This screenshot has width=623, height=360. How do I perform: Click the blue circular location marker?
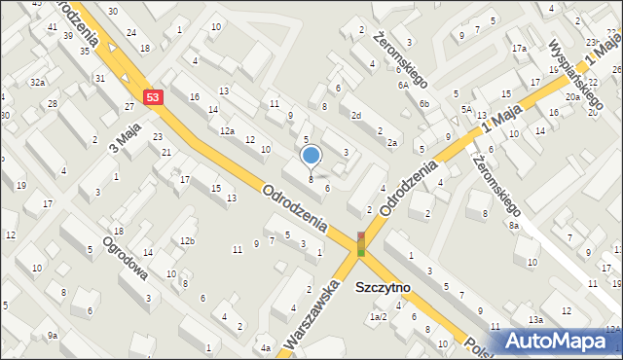tap(311, 155)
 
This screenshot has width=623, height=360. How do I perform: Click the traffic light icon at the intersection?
tap(361, 243)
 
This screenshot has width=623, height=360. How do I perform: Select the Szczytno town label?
tap(384, 288)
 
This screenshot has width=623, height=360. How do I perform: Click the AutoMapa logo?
tap(562, 341)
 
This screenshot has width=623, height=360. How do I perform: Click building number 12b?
tap(187, 240)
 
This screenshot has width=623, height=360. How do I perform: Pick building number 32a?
tap(37, 83)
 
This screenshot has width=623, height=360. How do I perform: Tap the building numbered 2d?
tap(356, 116)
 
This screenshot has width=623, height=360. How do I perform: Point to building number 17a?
tap(520, 49)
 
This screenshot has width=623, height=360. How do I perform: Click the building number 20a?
tap(573, 96)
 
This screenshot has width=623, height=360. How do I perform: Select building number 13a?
tap(535, 320)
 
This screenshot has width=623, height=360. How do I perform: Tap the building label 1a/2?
tap(378, 317)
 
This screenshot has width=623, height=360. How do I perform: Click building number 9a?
tap(53, 336)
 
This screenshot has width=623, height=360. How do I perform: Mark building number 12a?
tap(227, 130)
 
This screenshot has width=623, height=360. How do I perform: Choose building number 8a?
tap(514, 225)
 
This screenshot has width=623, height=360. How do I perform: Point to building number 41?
tap(51, 26)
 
